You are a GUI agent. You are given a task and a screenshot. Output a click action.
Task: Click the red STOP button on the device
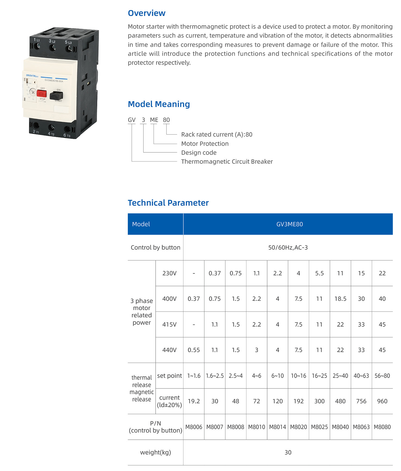(x=42, y=94)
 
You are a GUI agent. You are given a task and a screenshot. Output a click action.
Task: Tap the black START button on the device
(x=56, y=95)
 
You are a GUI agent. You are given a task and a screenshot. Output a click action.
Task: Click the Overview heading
(x=147, y=13)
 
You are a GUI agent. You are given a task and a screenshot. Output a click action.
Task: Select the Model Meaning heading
(x=159, y=104)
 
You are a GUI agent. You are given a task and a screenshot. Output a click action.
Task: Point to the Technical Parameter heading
(x=168, y=203)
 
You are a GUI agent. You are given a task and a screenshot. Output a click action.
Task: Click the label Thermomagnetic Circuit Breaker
(x=227, y=162)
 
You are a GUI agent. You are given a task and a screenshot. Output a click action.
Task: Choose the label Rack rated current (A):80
(x=217, y=135)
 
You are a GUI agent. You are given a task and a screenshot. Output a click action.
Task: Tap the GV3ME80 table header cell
(x=289, y=224)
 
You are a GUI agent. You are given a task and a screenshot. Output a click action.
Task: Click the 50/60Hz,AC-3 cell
(x=288, y=248)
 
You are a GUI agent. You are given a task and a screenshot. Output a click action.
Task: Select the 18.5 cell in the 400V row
(x=340, y=299)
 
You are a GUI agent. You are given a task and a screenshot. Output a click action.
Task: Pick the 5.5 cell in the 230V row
(x=319, y=273)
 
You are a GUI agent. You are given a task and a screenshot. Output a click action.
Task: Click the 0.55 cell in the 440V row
(x=194, y=350)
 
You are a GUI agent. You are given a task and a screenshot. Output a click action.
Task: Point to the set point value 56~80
(x=382, y=376)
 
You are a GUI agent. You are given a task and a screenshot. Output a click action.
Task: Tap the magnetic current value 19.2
(x=194, y=401)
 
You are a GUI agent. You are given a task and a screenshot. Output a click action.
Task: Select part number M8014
(x=277, y=427)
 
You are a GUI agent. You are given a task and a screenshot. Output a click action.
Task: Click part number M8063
(x=361, y=427)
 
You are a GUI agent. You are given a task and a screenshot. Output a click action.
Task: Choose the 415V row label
(x=169, y=325)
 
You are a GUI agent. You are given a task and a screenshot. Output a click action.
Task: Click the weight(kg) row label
(x=155, y=452)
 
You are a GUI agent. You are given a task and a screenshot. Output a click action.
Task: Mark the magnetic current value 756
(x=361, y=401)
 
